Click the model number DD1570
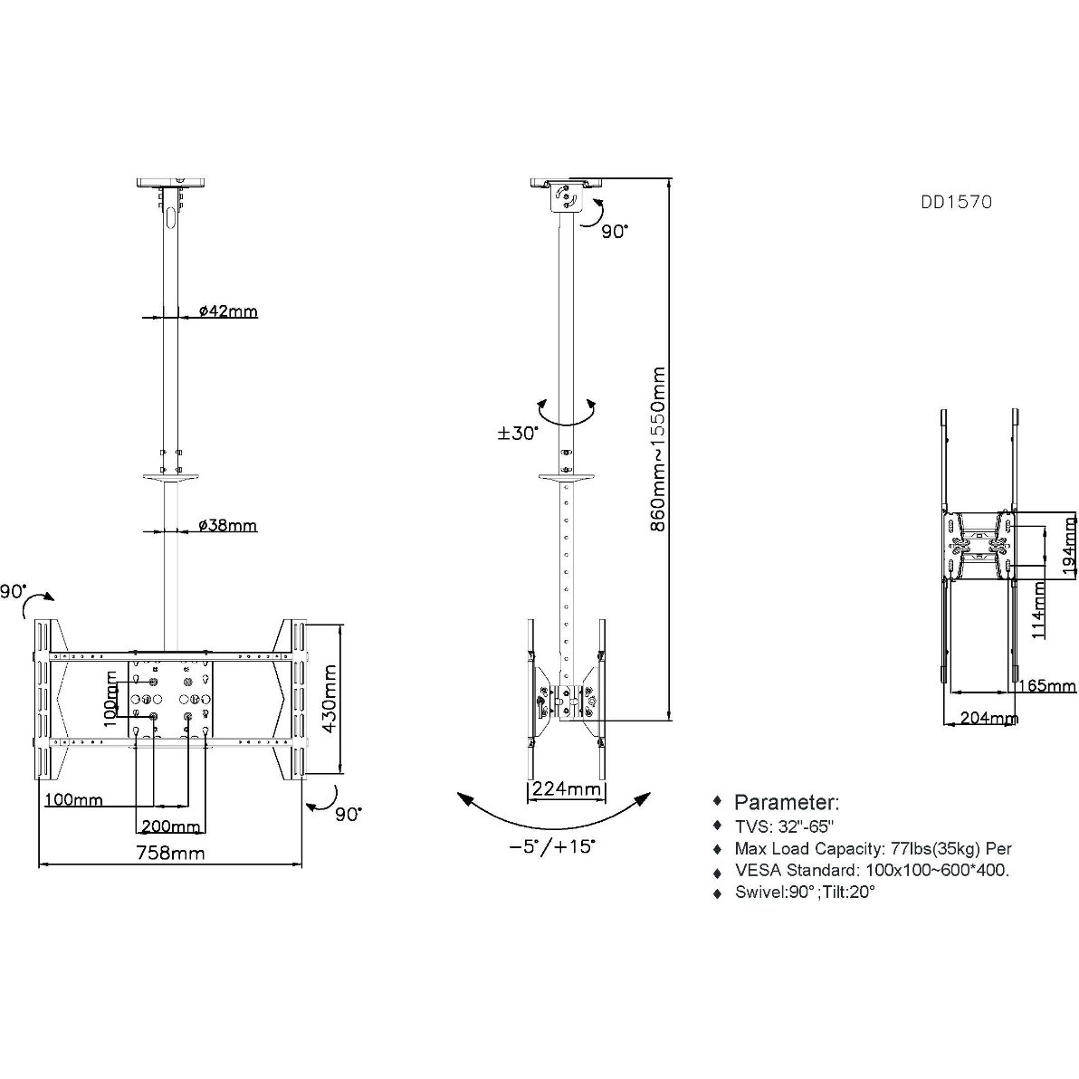click(x=957, y=202)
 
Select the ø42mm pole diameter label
click(x=228, y=311)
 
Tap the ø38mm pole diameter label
click(x=228, y=526)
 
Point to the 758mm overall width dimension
click(x=170, y=853)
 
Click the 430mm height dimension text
click(x=329, y=699)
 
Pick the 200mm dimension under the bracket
click(x=171, y=826)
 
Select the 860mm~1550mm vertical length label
click(x=658, y=449)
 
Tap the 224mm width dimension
click(x=567, y=788)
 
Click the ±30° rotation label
click(x=518, y=434)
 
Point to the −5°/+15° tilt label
click(x=552, y=845)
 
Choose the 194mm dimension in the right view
click(x=1069, y=547)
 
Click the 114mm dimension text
click(x=1038, y=610)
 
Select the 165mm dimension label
click(x=1046, y=685)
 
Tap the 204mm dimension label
click(x=989, y=719)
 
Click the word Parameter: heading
click(x=787, y=802)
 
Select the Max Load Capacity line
click(x=874, y=848)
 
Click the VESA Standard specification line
click(x=872, y=870)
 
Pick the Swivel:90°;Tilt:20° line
click(x=805, y=892)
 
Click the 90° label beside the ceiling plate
click(x=615, y=232)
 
